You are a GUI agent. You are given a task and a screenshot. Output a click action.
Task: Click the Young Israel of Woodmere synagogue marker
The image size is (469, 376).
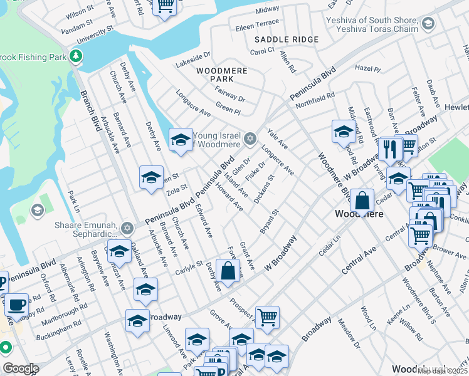(x=250, y=138)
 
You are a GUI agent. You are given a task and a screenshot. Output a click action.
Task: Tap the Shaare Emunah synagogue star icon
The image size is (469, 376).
(x=128, y=228)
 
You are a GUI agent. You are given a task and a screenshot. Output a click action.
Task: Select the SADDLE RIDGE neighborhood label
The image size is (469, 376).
(x=287, y=39)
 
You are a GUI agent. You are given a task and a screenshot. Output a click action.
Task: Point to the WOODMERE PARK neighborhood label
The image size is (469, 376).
(x=215, y=75)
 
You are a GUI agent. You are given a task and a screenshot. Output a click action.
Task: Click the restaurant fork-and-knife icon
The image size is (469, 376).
(x=389, y=149)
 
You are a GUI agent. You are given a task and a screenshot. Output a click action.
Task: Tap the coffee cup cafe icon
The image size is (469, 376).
(x=17, y=305)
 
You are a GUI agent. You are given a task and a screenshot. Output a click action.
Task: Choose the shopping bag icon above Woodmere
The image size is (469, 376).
(x=362, y=201)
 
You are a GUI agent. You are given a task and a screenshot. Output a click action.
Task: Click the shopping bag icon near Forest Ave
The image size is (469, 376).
(x=229, y=271)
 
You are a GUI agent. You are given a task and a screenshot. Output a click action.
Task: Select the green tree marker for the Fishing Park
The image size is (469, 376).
(x=76, y=56)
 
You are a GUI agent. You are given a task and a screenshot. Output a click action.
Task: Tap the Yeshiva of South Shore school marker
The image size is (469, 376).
(x=428, y=24)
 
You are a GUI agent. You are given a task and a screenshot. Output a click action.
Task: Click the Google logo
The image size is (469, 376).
(x=21, y=368)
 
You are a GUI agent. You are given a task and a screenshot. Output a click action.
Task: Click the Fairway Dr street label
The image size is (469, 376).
(x=230, y=94)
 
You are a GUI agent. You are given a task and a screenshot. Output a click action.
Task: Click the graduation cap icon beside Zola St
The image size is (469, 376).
(x=151, y=178)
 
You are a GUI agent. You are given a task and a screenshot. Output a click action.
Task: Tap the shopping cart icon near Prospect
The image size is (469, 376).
(x=268, y=317)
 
